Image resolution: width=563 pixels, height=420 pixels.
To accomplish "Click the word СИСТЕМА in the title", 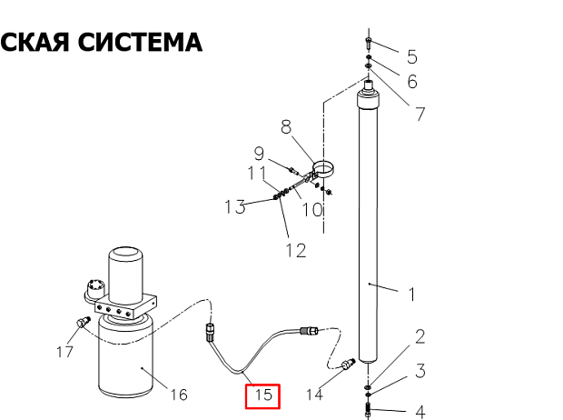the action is coord(140,42).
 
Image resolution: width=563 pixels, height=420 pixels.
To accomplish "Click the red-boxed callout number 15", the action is coord(263,395).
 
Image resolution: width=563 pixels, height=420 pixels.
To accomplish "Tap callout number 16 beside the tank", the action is coord(179,395).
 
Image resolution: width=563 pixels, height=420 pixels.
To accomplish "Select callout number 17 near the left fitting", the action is coord(65,352).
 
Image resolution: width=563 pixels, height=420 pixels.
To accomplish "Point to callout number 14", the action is coord(314,395).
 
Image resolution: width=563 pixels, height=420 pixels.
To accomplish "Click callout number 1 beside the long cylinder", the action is coord(412,295).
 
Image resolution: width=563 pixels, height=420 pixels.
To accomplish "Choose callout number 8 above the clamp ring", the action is coord(286,127).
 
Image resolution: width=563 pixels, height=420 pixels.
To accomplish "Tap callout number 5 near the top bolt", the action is coord(412,56).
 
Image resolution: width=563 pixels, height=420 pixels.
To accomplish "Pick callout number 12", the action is coord(296,250).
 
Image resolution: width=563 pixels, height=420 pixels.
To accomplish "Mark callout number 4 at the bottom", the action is coord(420,412).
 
